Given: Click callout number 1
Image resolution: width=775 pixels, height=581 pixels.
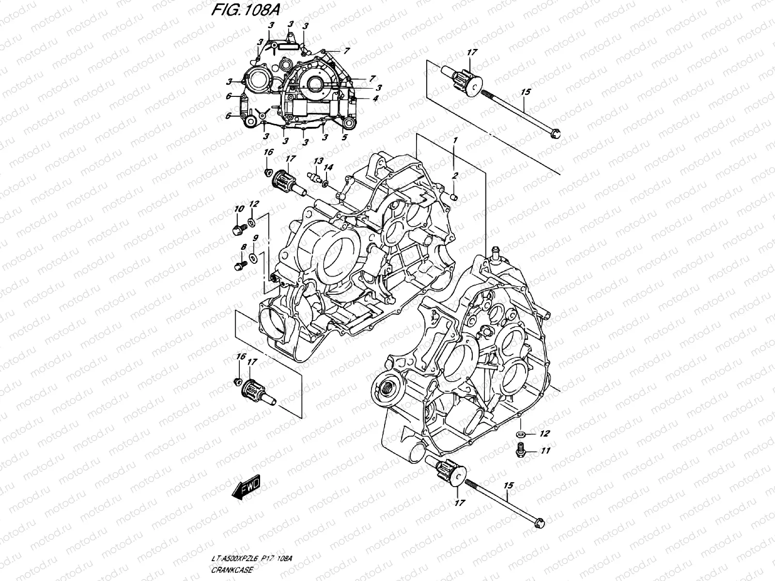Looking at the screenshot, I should pyautogui.click(x=455, y=140).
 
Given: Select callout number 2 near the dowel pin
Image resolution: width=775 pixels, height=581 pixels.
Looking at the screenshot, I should pyautogui.click(x=455, y=176).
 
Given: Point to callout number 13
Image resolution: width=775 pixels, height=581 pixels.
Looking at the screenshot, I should pyautogui.click(x=318, y=161).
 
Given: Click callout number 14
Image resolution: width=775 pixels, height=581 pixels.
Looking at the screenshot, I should pyautogui.click(x=328, y=167).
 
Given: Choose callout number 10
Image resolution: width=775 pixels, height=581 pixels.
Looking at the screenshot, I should pyautogui.click(x=238, y=209).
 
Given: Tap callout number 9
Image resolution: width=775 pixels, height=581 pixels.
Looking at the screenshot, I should pyautogui.click(x=256, y=238).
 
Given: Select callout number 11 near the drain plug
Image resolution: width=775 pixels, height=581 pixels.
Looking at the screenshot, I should pyautogui.click(x=546, y=451).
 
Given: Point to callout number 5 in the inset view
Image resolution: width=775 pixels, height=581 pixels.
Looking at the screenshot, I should pyautogui.click(x=344, y=137).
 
